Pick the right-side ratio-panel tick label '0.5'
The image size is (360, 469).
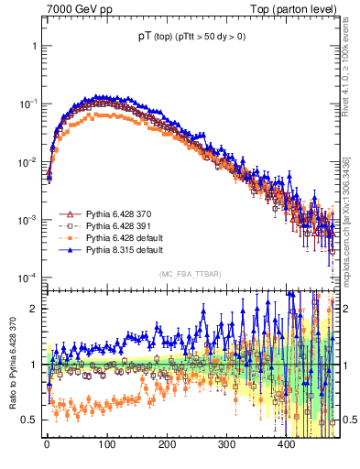tap(348, 420)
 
